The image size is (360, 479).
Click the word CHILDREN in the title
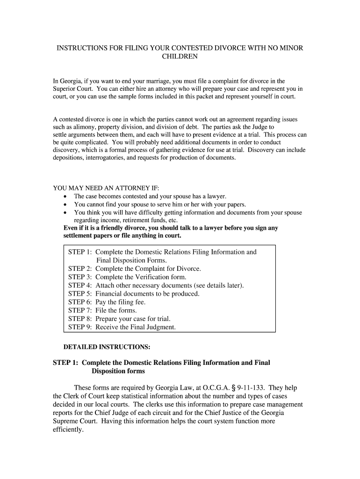click(x=180, y=57)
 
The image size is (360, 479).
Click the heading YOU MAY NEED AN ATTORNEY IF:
click(x=100, y=189)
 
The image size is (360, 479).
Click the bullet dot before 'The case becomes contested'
click(x=65, y=197)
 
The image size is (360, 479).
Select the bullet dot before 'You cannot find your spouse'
click(x=65, y=205)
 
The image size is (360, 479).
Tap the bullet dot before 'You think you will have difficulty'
click(x=65, y=213)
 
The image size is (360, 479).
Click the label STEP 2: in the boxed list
click(x=80, y=269)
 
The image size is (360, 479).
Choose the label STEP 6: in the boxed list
click(x=80, y=302)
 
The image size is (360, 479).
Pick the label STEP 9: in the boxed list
click(x=80, y=327)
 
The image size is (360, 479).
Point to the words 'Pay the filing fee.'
click(x=121, y=302)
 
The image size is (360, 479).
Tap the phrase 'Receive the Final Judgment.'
click(x=136, y=327)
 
